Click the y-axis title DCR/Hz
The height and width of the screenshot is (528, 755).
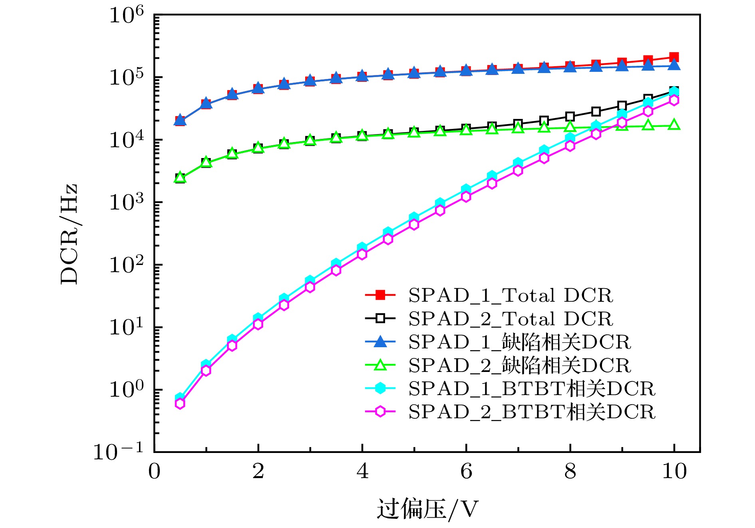coord(69,234)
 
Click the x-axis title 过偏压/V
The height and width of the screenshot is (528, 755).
coord(427,509)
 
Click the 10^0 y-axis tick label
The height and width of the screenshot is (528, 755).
coord(126,390)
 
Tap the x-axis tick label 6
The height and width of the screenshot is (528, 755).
coord(466,471)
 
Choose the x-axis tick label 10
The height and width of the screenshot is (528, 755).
coord(674,471)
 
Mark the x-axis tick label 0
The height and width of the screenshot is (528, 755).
coord(154,471)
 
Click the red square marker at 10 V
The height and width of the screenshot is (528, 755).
coord(674,57)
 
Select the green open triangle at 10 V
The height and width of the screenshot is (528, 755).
coord(674,125)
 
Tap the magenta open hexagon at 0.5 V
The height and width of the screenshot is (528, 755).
coord(180,404)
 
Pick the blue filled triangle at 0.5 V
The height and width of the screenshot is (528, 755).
coord(180,120)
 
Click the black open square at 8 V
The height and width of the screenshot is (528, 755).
coord(570,117)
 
